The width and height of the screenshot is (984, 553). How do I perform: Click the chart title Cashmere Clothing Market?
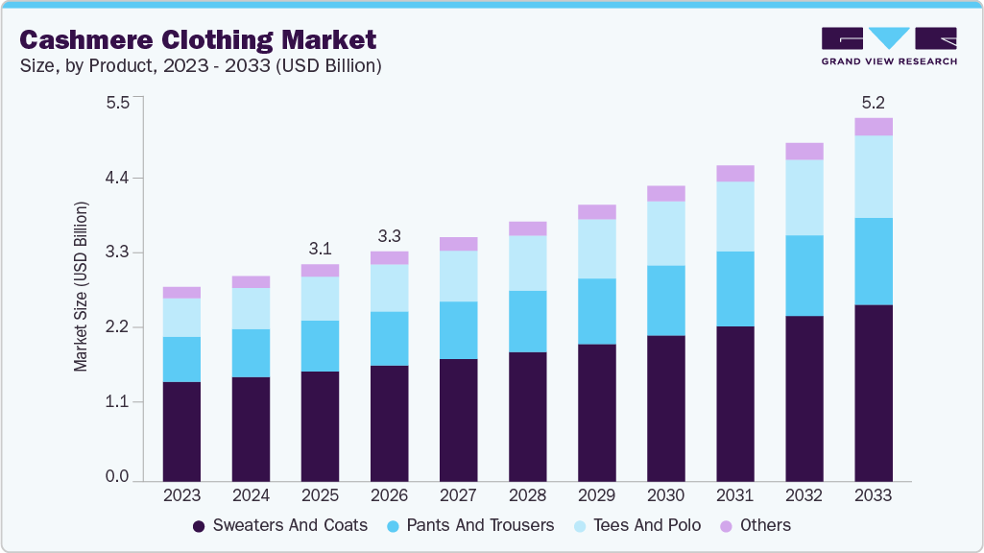[x=198, y=39]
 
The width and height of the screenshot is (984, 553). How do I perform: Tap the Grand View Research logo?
[x=888, y=45]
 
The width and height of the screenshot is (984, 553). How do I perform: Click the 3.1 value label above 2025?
[x=320, y=248]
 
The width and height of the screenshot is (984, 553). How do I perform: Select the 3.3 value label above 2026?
[x=389, y=235]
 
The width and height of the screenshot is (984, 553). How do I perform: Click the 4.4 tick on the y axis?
[x=117, y=178]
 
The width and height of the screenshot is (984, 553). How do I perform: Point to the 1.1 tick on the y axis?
[x=117, y=401]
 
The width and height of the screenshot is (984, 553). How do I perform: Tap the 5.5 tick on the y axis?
[x=117, y=103]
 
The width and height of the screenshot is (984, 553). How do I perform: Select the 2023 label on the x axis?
[x=181, y=495]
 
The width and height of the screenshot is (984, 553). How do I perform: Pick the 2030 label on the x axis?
[x=665, y=495]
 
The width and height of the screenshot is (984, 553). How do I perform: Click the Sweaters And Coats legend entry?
[x=279, y=525]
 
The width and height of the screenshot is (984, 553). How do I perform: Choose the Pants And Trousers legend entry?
[x=470, y=525]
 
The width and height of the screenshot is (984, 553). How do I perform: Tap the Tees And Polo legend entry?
[x=636, y=525]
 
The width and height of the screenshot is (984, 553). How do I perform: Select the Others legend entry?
[x=756, y=525]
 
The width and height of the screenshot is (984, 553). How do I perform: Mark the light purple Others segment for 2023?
[x=181, y=293]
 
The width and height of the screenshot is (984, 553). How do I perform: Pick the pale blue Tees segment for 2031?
[x=734, y=216]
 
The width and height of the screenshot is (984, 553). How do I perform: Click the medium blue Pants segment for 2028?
[x=527, y=322]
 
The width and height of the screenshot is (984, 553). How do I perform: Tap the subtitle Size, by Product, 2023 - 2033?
[x=201, y=66]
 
